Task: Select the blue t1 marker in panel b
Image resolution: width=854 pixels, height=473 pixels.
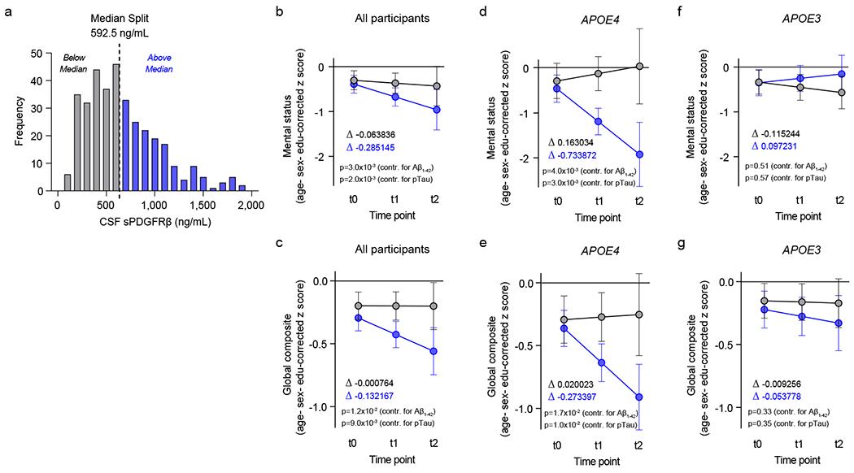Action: click(395, 98)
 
